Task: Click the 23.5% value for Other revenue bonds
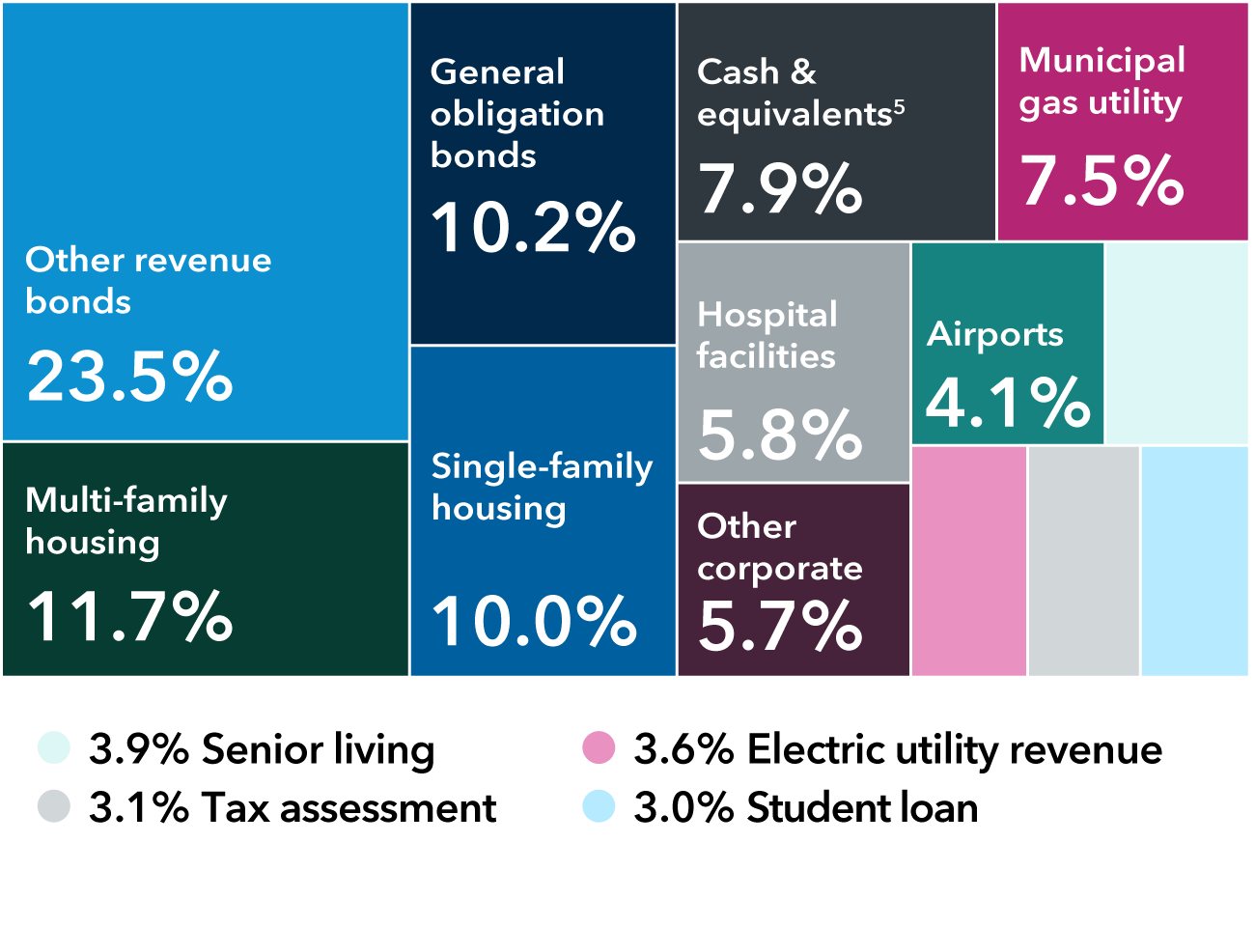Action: pyautogui.click(x=129, y=377)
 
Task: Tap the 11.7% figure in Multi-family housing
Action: pyautogui.click(x=129, y=617)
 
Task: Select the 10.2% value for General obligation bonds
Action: pyautogui.click(x=533, y=229)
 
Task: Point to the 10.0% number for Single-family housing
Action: pyautogui.click(x=533, y=621)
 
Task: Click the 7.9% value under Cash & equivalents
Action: pyautogui.click(x=779, y=188)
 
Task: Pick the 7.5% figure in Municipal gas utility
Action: pyautogui.click(x=1102, y=181)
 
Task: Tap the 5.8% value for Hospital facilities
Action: pyautogui.click(x=779, y=435)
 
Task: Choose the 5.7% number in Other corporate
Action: pyautogui.click(x=779, y=626)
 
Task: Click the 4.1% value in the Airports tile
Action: pyautogui.click(x=1008, y=403)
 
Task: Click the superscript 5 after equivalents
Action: pyautogui.click(x=899, y=106)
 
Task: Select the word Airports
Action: pyautogui.click(x=994, y=334)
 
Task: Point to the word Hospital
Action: pyautogui.click(x=767, y=315)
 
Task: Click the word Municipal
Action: pyautogui.click(x=1102, y=60)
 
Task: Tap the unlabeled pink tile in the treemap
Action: pyautogui.click(x=968, y=561)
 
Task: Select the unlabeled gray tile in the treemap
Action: pyautogui.click(x=1083, y=561)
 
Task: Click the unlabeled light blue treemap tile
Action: pyautogui.click(x=1195, y=561)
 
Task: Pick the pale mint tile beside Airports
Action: pyautogui.click(x=1177, y=343)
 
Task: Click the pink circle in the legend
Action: pyautogui.click(x=599, y=747)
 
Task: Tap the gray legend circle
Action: pyautogui.click(x=54, y=806)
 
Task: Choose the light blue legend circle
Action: pyautogui.click(x=599, y=806)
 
